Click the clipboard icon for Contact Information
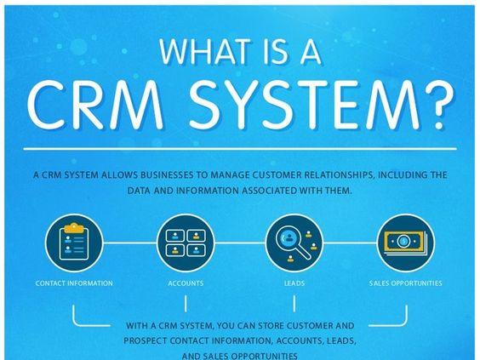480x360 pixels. point(74,243)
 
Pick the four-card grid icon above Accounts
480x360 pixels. point(186,243)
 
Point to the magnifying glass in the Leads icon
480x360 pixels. point(292,243)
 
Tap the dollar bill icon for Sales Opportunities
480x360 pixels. point(405,243)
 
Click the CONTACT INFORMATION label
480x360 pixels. point(74,283)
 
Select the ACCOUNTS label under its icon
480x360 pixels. point(186,283)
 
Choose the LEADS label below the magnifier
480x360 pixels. point(294,283)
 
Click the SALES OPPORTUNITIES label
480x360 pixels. point(405,283)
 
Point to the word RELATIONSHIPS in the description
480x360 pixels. point(338,175)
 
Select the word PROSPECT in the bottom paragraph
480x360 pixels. point(146,340)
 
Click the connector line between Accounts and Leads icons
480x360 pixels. point(240,243)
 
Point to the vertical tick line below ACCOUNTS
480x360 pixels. point(186,303)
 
